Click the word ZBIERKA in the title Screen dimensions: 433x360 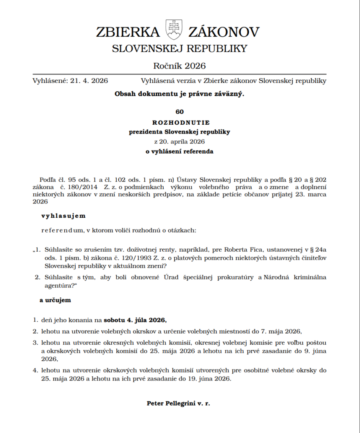click(128, 32)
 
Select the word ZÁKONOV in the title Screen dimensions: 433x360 click(224, 32)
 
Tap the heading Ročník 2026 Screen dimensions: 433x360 click(179, 66)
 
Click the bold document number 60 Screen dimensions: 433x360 click(179, 112)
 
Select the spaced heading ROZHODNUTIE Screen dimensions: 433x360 click(179, 123)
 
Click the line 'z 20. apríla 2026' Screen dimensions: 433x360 click(179, 141)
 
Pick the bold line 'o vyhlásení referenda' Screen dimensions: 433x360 click(179, 151)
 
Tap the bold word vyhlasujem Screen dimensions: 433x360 click(63, 216)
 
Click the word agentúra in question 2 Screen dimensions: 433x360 click(60, 286)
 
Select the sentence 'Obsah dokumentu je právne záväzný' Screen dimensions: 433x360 click(179, 94)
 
